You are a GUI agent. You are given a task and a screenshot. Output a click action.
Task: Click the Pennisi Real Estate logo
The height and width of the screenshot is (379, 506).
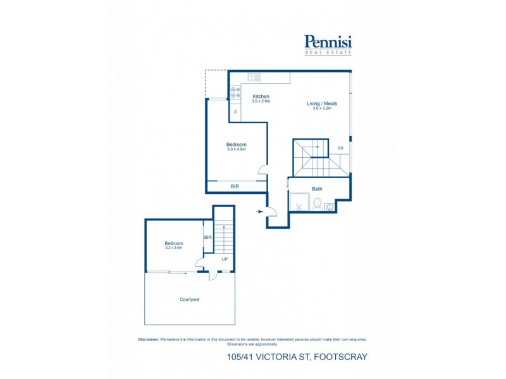click(328, 44)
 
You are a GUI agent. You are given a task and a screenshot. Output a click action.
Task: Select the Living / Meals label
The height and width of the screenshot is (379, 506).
click(322, 104)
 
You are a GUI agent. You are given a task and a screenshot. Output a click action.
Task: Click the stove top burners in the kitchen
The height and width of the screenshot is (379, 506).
click(235, 92)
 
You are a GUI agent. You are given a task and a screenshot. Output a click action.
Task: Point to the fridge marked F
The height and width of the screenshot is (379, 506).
click(236, 112)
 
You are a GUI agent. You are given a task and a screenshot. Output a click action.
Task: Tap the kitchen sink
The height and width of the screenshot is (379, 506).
click(254, 77)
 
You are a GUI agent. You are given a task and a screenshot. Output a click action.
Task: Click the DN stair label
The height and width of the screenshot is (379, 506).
click(340, 148)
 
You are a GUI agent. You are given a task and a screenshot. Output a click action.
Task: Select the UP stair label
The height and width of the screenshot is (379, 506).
click(225, 260)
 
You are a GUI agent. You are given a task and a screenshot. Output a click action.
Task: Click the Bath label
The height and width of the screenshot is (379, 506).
click(317, 189)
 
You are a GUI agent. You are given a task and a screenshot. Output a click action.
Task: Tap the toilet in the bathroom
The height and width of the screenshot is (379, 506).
click(317, 203)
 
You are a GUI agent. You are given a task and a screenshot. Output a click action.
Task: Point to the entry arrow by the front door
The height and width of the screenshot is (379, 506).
click(261, 212)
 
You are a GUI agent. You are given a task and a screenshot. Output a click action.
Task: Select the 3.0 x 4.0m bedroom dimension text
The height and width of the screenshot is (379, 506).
click(236, 149)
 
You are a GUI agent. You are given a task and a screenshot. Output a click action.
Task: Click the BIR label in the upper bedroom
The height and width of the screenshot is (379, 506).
click(235, 186)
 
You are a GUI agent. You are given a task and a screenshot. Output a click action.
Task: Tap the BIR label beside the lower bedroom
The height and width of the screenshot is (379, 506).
click(207, 238)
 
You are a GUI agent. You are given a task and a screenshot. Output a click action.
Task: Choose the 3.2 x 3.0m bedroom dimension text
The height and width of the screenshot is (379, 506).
click(174, 248)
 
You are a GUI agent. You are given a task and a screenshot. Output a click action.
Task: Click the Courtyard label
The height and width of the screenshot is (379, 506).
click(190, 299)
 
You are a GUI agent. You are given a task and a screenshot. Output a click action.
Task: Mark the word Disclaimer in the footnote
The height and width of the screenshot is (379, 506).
click(149, 339)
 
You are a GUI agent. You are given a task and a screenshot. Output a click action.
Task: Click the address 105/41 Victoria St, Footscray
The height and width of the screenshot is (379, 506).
click(297, 357)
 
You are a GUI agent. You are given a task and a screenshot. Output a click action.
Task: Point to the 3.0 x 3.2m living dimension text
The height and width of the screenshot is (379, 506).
click(322, 109)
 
